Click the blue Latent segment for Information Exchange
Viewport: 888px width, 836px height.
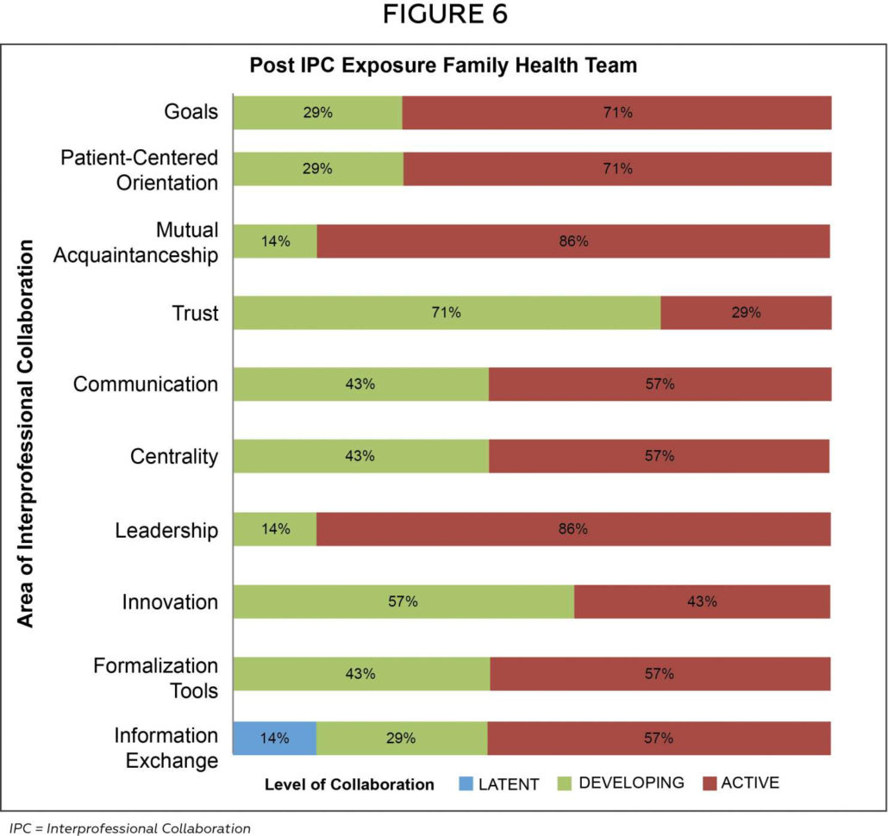[274, 738]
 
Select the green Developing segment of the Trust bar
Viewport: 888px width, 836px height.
[447, 313]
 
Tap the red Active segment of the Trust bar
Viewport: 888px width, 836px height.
[746, 313]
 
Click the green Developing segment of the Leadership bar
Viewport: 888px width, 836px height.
[275, 529]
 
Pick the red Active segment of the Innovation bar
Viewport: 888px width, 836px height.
[702, 602]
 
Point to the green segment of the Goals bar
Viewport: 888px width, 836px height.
[317, 112]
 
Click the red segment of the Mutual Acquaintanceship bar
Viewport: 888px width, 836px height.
[572, 241]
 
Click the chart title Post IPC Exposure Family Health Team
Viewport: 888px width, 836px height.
[443, 66]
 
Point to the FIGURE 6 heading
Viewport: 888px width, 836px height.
[444, 16]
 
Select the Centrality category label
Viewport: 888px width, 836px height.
[174, 456]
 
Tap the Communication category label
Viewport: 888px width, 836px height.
[146, 384]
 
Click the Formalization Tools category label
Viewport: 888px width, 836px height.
[155, 677]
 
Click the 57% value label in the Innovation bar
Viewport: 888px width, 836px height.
[403, 602]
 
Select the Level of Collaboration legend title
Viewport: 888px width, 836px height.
[349, 784]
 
